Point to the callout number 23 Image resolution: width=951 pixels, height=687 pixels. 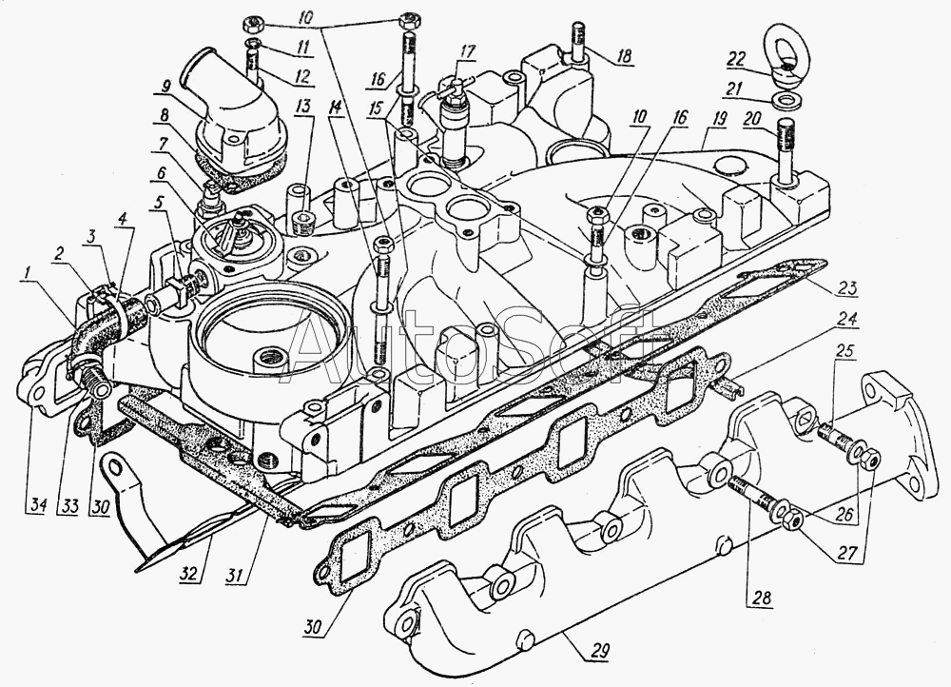(850, 287)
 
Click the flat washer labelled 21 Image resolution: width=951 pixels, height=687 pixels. (786, 98)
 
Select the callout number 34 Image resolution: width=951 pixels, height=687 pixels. (38, 505)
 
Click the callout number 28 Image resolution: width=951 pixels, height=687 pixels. (762, 598)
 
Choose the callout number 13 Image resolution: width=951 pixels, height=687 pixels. (303, 108)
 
